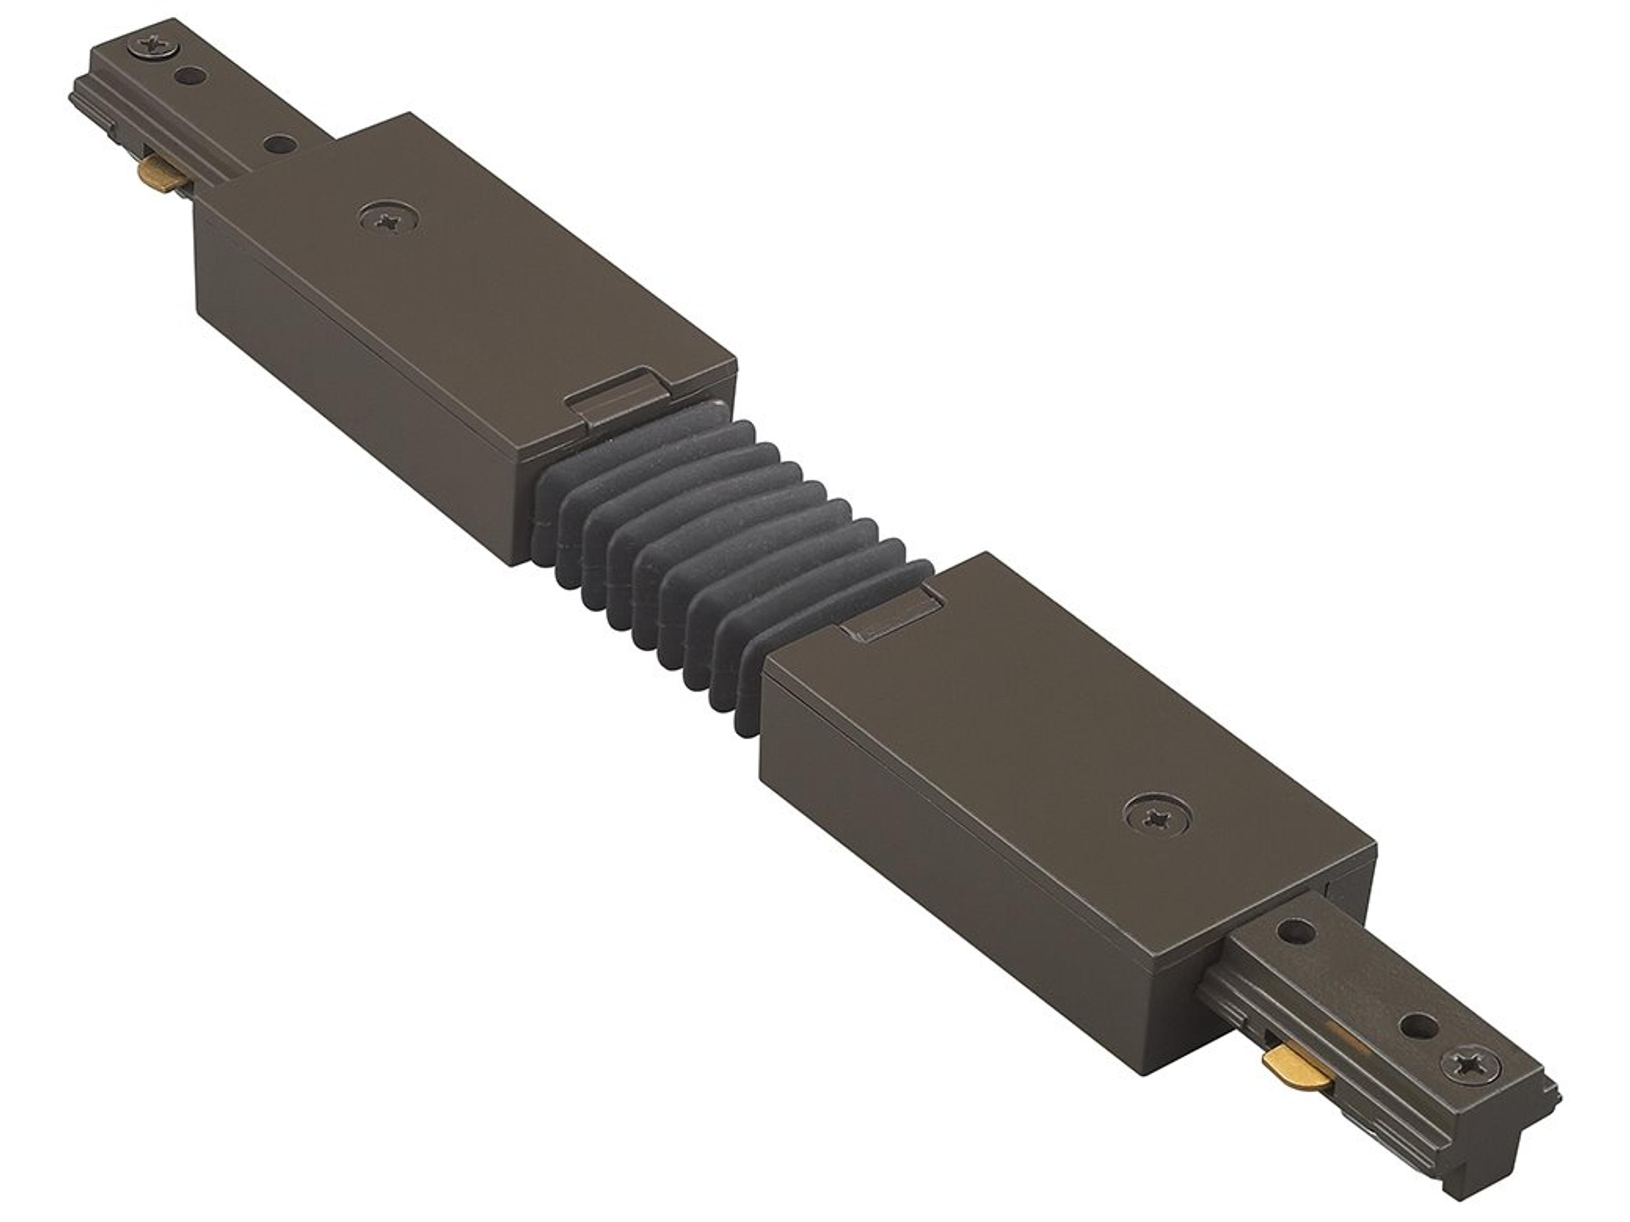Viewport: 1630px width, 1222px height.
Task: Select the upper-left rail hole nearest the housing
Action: (278, 142)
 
